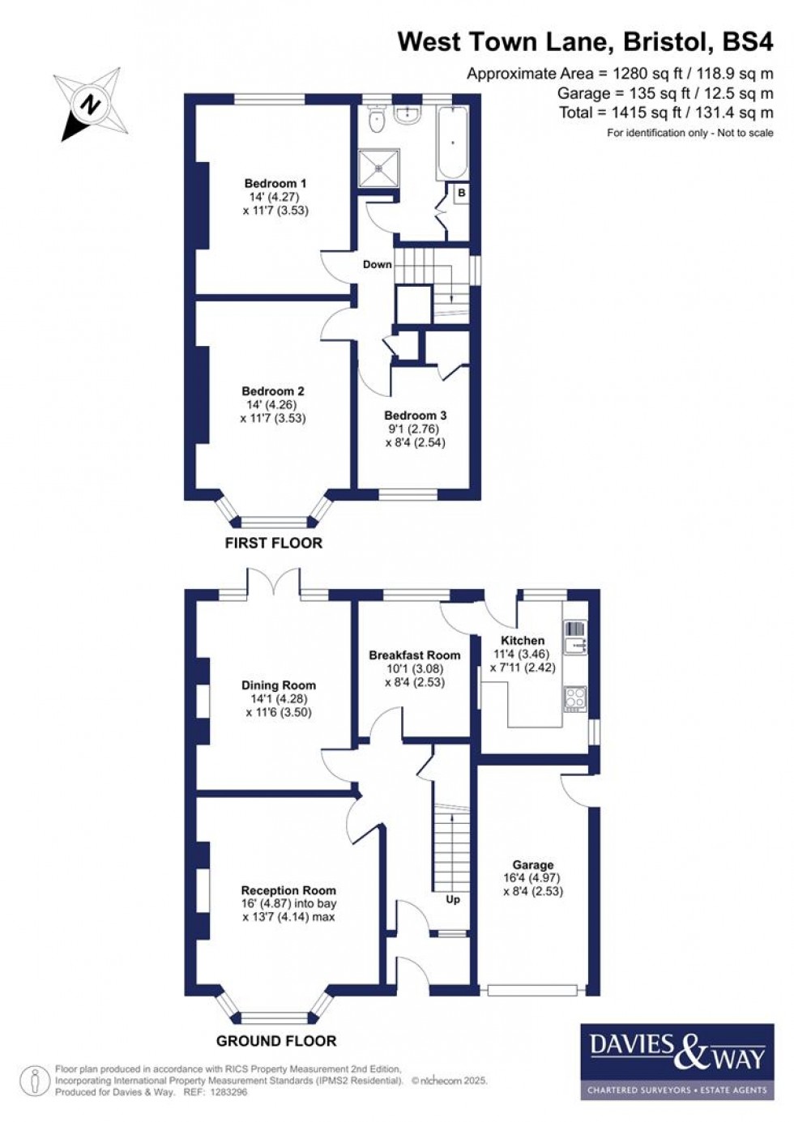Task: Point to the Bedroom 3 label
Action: (x=415, y=416)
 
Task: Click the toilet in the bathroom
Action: (x=375, y=122)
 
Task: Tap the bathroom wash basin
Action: (x=407, y=115)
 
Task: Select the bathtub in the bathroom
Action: (x=451, y=143)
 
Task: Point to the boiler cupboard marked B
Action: (x=461, y=194)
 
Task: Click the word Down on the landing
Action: (x=377, y=264)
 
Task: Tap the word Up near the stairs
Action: (x=453, y=899)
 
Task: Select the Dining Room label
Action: (x=278, y=685)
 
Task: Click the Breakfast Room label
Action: (x=414, y=655)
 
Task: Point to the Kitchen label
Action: (x=523, y=640)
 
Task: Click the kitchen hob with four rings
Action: (x=575, y=699)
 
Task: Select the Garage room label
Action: (x=532, y=865)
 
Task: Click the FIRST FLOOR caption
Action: (x=273, y=543)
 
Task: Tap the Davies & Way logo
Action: (x=676, y=1060)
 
